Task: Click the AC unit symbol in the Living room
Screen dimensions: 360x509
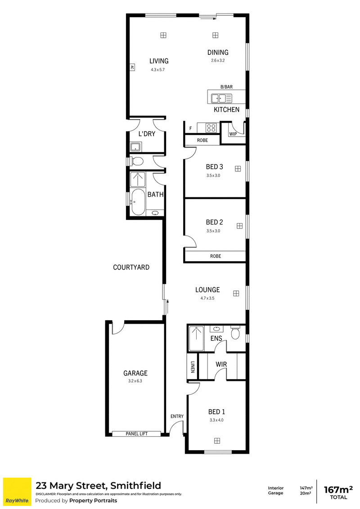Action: click(132, 67)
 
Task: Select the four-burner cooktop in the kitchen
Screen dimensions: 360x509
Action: click(211, 128)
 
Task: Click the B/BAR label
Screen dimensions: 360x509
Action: click(226, 87)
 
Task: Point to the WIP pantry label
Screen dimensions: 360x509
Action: click(233, 134)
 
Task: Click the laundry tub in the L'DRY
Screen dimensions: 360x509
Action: click(136, 147)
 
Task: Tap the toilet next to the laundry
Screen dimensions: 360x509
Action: click(136, 161)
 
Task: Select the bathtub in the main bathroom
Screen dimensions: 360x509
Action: click(138, 202)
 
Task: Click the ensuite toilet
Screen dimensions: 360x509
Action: click(235, 332)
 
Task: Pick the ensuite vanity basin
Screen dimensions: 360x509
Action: click(216, 329)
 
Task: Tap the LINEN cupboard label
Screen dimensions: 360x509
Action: click(193, 367)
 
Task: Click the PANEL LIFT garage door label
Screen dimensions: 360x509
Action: click(136, 434)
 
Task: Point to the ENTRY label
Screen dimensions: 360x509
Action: click(177, 416)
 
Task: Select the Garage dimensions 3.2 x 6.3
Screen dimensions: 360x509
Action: click(135, 381)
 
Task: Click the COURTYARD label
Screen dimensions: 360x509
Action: click(131, 267)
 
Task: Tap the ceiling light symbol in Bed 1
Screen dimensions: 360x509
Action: click(217, 441)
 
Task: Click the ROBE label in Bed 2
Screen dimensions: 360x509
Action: click(216, 256)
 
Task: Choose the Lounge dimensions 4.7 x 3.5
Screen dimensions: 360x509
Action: click(207, 298)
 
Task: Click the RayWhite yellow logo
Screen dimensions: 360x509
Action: click(17, 491)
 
